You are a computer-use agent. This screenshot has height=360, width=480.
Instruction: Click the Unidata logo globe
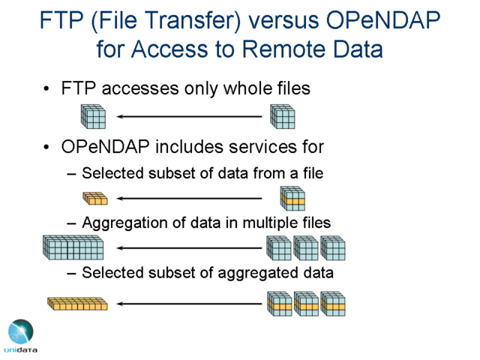21,331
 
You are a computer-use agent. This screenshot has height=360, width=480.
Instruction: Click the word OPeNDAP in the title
383,20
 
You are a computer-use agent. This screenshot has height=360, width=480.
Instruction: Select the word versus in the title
283,21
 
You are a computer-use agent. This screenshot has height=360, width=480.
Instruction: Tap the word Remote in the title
284,49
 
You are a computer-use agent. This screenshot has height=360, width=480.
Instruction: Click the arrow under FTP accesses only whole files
189,116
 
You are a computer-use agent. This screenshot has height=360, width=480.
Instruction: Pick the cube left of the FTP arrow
93,117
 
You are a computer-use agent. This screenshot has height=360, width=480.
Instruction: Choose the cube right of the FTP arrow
283,117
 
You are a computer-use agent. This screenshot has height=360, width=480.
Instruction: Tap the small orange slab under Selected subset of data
95,198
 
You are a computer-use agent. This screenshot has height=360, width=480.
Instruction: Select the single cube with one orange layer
292,198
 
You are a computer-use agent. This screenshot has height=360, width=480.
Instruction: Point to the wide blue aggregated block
73,247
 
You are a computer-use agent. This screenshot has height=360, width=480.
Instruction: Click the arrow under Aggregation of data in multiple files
189,247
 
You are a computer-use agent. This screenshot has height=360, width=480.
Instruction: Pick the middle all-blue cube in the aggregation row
306,248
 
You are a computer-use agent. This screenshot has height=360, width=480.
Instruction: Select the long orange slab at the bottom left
77,304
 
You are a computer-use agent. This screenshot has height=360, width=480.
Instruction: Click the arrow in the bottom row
189,304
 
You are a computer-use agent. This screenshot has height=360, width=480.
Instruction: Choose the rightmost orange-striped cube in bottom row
333,304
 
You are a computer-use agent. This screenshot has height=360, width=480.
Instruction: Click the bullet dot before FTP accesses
46,88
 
